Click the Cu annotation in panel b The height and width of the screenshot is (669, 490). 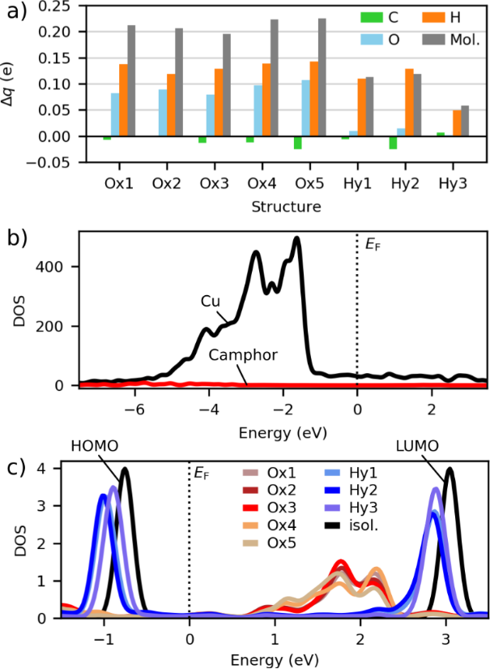point(210,300)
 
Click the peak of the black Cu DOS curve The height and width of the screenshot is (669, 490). point(296,238)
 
